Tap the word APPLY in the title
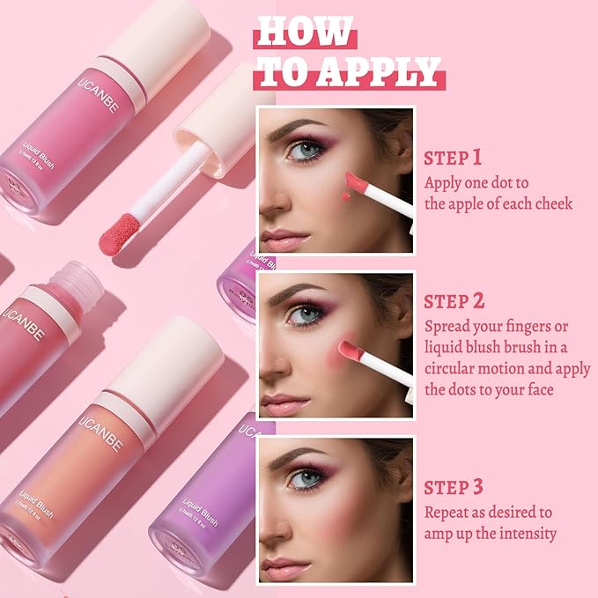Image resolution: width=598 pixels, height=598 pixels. pyautogui.click(x=381, y=70)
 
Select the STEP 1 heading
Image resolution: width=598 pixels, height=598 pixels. pyautogui.click(x=453, y=158)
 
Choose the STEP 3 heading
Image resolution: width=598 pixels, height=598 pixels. pyautogui.click(x=453, y=487)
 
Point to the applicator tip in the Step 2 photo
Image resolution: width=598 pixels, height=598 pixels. pyautogui.click(x=345, y=349)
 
